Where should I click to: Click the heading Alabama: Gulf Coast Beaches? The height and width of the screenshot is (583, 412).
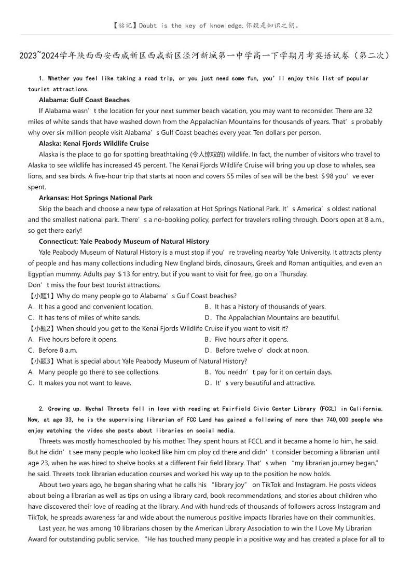coord(84,100)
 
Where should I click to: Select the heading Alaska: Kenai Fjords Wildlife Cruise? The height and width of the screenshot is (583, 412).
coord(93,143)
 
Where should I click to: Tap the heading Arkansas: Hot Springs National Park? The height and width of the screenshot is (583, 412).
coord(95,198)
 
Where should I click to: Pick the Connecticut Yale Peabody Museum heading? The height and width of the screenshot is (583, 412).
coord(124,241)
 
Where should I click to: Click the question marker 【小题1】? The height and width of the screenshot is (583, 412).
coord(42,296)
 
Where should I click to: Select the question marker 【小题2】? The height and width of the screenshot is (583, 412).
coord(42,328)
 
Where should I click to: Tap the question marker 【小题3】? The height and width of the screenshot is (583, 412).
coord(42,361)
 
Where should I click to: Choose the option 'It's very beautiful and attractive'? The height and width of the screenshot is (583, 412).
coord(260,383)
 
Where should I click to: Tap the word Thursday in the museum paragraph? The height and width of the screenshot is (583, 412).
coord(292,274)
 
